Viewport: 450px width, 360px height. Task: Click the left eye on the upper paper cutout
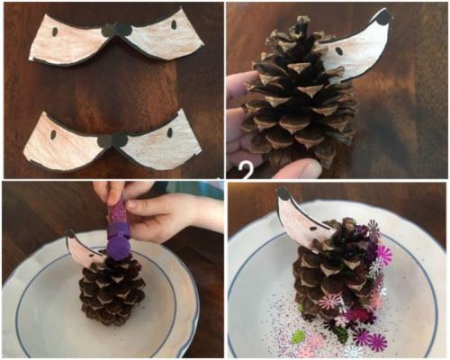pos(55,31)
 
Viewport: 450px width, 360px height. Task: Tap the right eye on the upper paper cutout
pos(174,25)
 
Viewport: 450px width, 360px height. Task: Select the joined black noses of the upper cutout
pos(116,31)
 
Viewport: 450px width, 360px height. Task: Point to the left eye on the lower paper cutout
pos(53,135)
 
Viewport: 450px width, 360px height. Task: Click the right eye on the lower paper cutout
pos(169,132)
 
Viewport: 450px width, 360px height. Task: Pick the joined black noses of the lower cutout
pos(112,140)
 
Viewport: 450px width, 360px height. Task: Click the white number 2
pos(247,171)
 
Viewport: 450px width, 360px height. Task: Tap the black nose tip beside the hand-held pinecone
pos(383,18)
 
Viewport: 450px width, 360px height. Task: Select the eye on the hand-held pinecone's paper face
pos(338,50)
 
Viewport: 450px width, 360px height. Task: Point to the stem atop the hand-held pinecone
pos(301,24)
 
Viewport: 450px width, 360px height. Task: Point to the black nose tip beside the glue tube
pos(71,234)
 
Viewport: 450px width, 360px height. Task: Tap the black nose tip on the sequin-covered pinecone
pos(283,193)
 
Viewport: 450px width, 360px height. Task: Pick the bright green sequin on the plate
pos(298,336)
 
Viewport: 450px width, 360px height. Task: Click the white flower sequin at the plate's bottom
pos(354,351)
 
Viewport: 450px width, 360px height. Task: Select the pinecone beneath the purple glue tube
pos(112,291)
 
